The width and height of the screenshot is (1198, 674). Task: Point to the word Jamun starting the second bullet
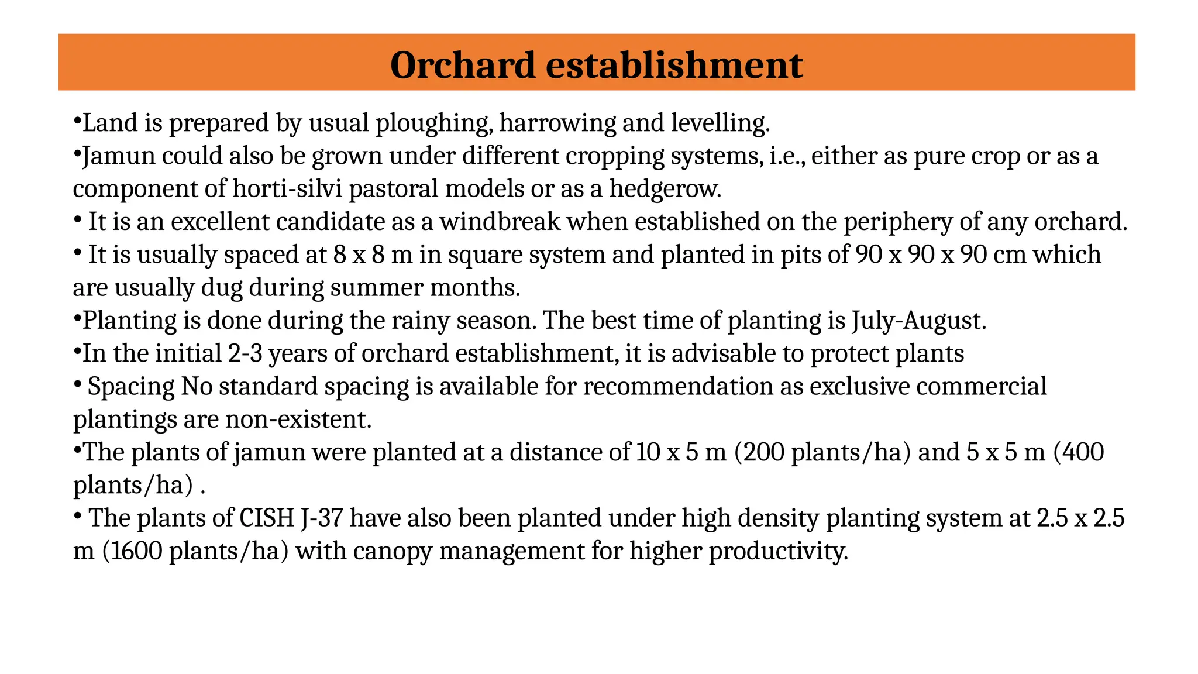pyautogui.click(x=119, y=156)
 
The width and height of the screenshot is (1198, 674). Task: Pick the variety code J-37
pyautogui.click(x=321, y=518)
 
